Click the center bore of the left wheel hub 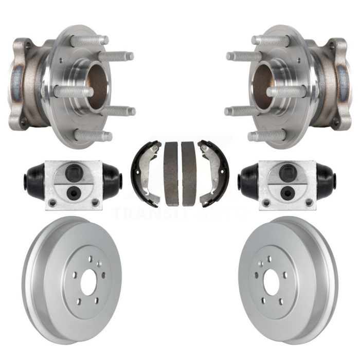[98, 86]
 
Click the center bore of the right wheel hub [263, 86]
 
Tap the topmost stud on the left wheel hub [89, 41]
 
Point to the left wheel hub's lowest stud [94, 135]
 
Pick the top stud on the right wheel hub [271, 41]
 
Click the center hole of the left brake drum [88, 282]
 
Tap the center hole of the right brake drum [272, 282]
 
